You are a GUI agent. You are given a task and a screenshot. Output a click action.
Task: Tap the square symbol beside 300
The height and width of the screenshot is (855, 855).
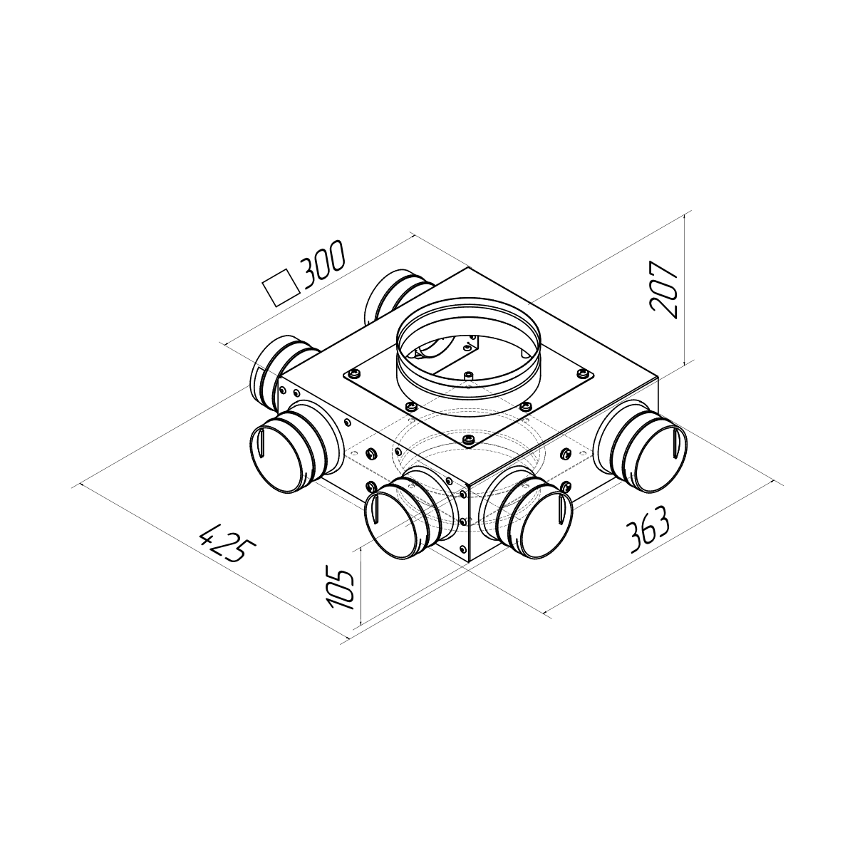pyautogui.click(x=281, y=288)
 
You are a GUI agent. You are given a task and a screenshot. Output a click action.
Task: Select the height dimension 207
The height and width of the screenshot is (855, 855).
pyautogui.click(x=663, y=289)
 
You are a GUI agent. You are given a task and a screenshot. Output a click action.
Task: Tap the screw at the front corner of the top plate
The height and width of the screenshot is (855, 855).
pyautogui.click(x=469, y=439)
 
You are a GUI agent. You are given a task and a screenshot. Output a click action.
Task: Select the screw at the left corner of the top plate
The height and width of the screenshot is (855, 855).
pyautogui.click(x=355, y=374)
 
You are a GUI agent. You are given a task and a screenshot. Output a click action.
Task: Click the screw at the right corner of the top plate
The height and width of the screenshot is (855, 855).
pyautogui.click(x=581, y=373)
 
